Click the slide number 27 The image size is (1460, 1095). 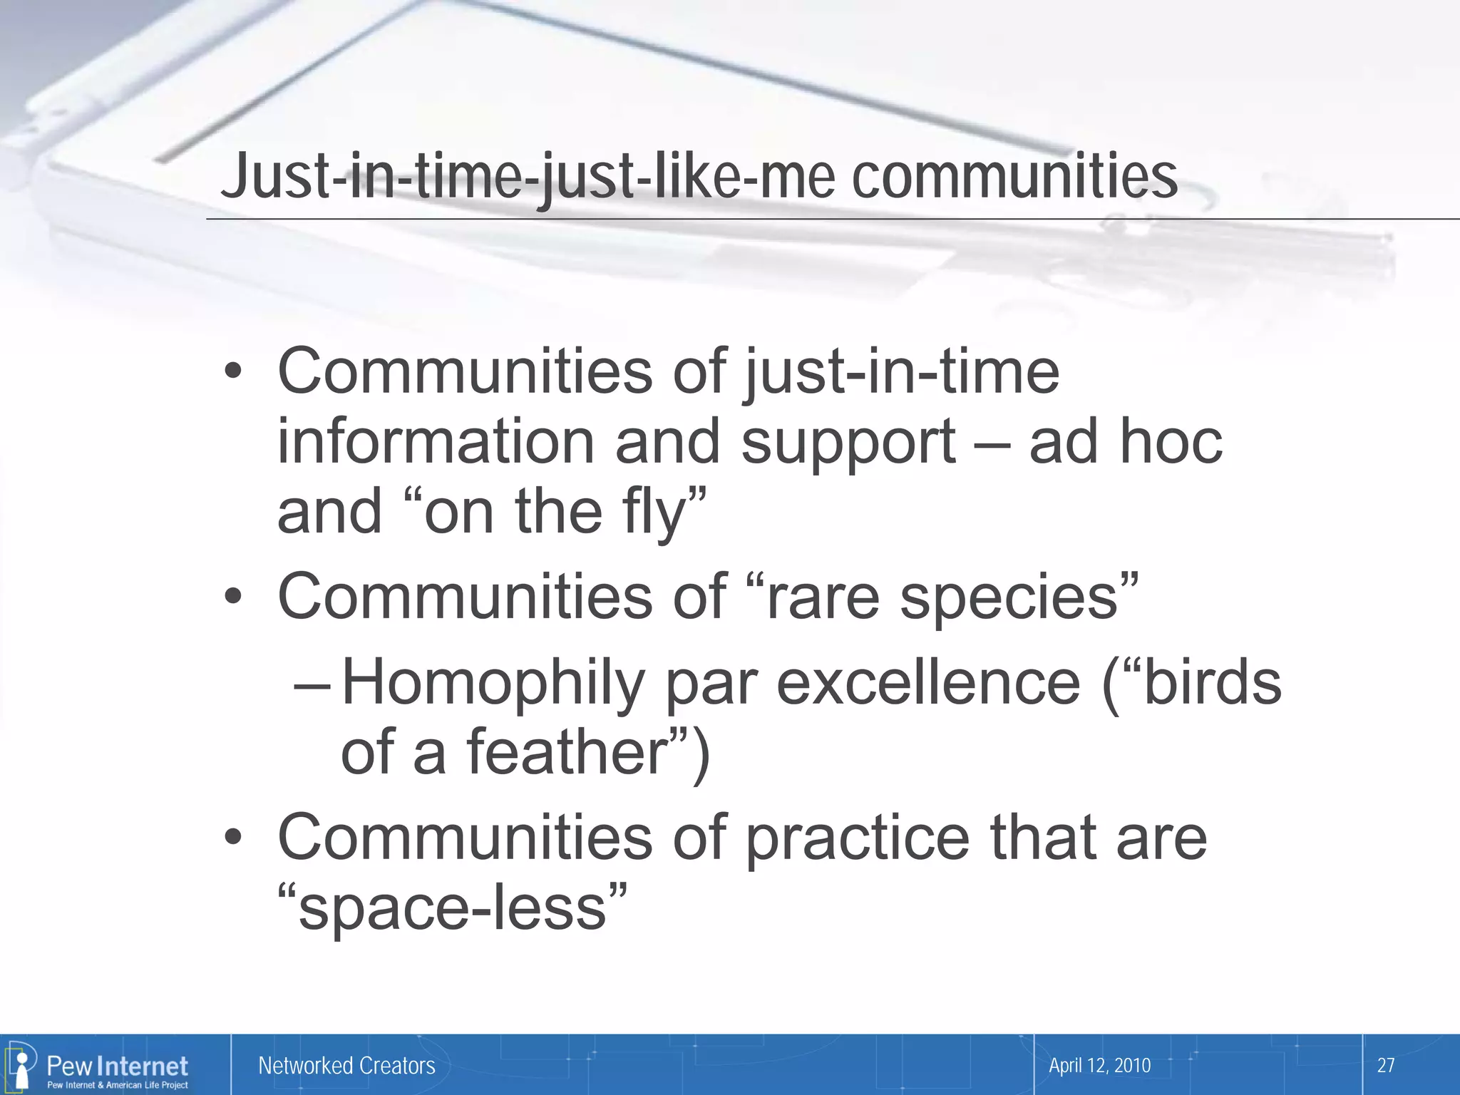(1385, 1065)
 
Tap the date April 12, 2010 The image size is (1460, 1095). (1099, 1065)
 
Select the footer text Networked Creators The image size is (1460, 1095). (346, 1065)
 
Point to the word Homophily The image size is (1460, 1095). (493, 683)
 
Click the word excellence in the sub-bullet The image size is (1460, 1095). (927, 683)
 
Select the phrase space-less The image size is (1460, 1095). (453, 908)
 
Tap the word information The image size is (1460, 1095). (436, 442)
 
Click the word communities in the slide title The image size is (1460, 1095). (1014, 177)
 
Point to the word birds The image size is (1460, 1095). (1211, 683)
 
